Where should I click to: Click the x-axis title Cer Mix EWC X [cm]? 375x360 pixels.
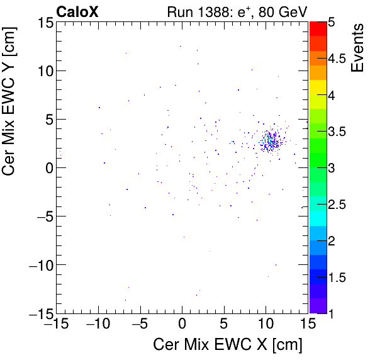[x=228, y=345]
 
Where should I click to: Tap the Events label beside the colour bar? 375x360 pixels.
[x=358, y=48]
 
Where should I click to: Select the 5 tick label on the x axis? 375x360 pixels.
[x=224, y=325]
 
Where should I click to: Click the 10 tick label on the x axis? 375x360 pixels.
[x=266, y=325]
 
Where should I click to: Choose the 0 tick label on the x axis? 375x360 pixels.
[x=182, y=325]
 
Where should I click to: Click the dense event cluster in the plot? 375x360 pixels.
[x=271, y=141]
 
